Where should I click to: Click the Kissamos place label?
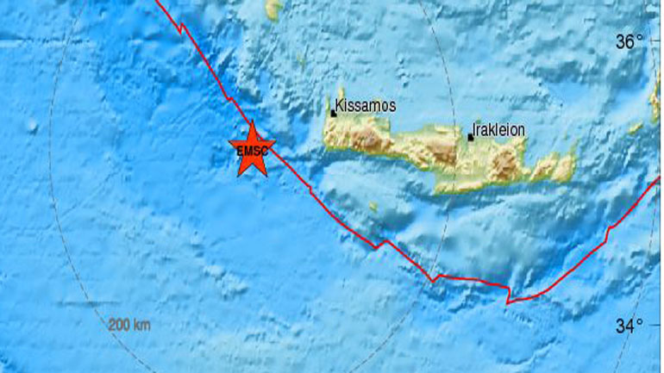pos(365,105)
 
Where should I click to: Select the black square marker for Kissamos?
pos(333,112)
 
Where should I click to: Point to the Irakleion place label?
pos(499,130)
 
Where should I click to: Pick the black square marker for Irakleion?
pos(470,136)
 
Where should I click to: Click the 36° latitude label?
pos(631,41)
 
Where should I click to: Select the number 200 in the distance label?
pos(119,325)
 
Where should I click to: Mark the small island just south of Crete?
pos(373,207)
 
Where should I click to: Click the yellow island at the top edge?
pos(274,9)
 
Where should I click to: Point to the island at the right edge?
pos(655,103)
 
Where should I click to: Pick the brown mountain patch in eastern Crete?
pos(508,159)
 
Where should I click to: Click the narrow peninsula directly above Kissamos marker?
pos(340,96)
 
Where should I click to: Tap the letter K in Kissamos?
pos(338,105)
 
